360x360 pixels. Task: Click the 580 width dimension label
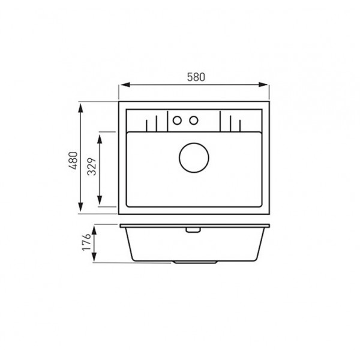coord(196,77)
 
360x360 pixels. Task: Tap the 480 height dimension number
coord(73,160)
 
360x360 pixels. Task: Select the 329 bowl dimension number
coord(92,166)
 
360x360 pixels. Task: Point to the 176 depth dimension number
coord(87,242)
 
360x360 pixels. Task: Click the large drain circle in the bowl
coord(194,158)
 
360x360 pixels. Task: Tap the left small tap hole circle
coord(177,121)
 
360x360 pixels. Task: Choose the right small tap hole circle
coord(194,121)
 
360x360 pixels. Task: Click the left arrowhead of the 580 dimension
coord(125,85)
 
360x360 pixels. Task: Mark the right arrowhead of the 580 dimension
coord(263,85)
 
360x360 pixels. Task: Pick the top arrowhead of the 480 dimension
coord(80,108)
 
